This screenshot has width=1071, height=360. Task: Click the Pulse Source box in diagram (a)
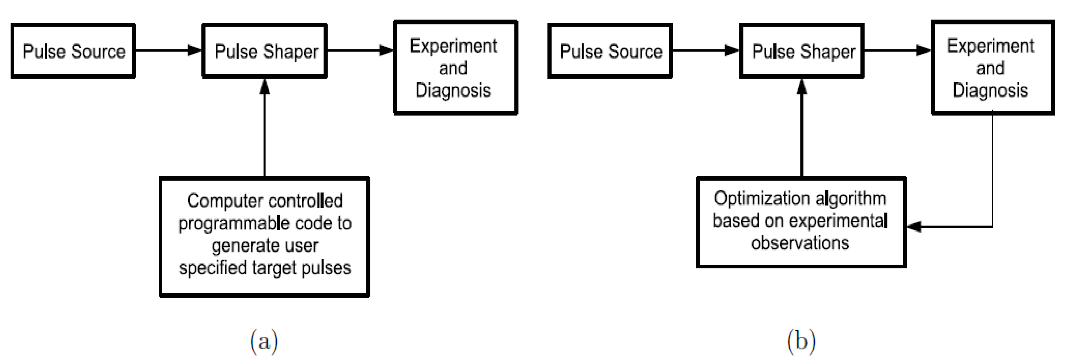click(73, 51)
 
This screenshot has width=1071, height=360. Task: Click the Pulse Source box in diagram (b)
click(610, 51)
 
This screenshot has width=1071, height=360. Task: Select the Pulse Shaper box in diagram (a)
click(265, 51)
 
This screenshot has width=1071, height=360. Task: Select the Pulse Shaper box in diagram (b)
click(802, 51)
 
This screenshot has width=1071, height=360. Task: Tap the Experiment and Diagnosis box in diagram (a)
click(456, 68)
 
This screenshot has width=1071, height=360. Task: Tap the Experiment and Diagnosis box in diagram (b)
click(993, 68)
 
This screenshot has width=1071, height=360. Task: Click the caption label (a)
click(264, 342)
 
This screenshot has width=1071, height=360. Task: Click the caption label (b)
click(801, 342)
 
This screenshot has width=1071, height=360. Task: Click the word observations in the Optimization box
click(800, 243)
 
